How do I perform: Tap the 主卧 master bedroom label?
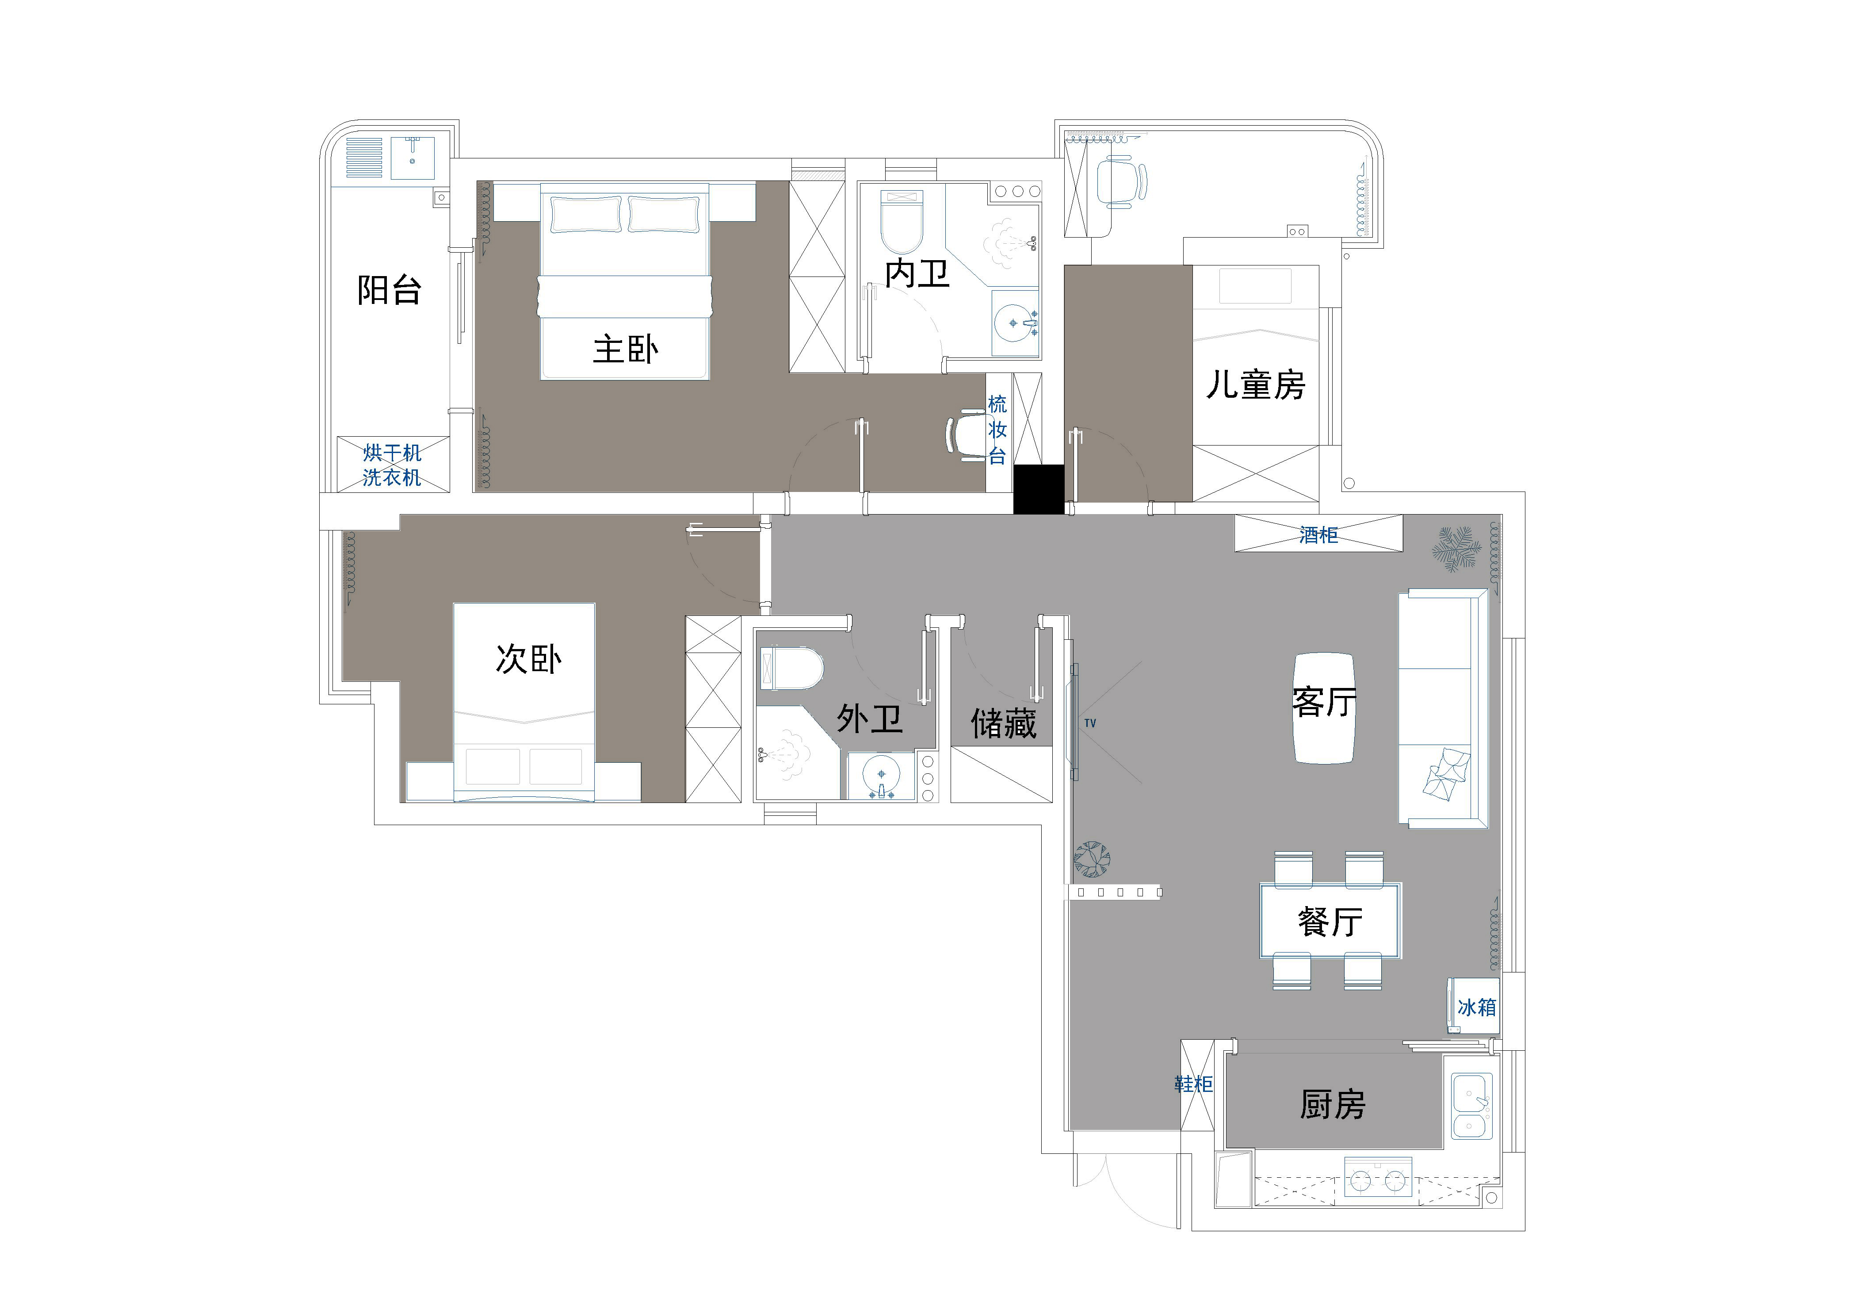[x=625, y=350]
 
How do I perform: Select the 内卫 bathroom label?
[x=917, y=273]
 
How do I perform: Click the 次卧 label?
[x=528, y=659]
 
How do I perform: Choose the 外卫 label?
[x=869, y=718]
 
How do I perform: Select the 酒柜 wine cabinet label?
[x=1318, y=535]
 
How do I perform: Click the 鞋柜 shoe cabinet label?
[x=1194, y=1083]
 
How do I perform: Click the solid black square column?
[x=1039, y=489]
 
